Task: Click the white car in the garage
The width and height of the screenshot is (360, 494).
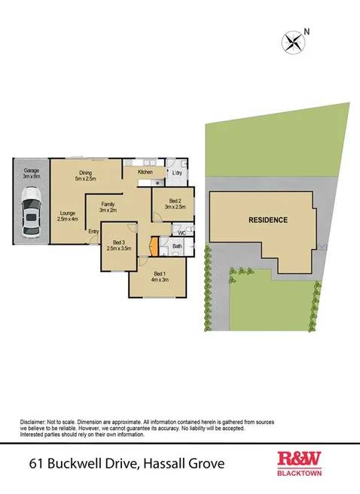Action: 31,213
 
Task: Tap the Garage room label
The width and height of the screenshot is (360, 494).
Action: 30,172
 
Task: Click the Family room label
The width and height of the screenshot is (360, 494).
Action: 108,207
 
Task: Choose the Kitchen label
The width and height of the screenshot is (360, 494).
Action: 145,172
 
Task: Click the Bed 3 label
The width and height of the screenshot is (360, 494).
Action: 120,245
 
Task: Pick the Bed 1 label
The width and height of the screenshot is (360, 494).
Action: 158,276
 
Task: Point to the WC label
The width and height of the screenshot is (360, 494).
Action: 182,233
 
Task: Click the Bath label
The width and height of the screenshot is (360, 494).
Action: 178,246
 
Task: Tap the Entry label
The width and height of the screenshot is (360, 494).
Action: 93,231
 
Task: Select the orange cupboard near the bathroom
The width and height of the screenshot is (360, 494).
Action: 154,247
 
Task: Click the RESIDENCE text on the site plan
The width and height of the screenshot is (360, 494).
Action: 268,221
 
